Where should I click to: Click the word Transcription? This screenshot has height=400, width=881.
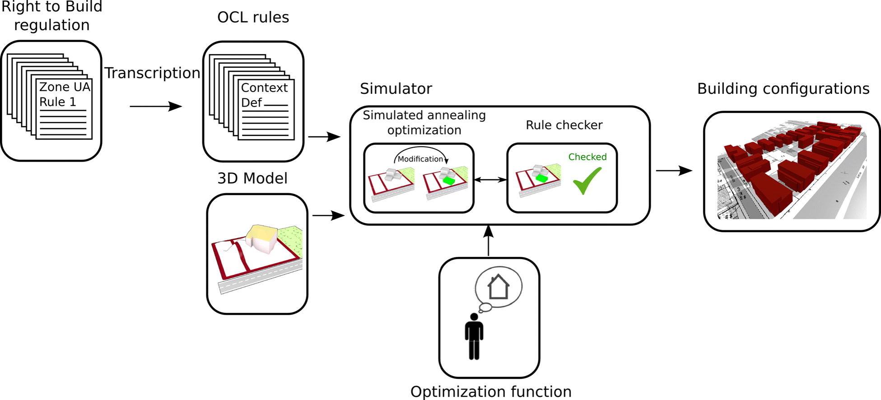(152, 73)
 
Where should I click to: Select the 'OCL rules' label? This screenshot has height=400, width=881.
(253, 17)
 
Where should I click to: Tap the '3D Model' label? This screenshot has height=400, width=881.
(252, 178)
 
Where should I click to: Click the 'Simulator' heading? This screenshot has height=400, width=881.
(396, 88)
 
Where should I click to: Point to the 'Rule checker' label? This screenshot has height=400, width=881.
(564, 125)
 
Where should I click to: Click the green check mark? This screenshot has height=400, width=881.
(587, 180)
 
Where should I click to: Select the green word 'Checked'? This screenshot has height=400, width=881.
(587, 157)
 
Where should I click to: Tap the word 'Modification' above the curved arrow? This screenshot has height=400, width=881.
(420, 159)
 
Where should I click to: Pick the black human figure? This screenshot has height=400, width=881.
(474, 336)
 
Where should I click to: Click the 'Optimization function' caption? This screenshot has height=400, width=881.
(491, 391)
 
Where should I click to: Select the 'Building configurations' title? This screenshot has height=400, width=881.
(783, 88)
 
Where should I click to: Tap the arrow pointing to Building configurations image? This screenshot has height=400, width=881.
(674, 171)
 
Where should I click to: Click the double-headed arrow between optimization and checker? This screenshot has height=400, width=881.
(490, 180)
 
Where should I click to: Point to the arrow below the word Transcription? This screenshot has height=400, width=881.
(156, 107)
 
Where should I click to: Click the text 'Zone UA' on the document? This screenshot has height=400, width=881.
(65, 87)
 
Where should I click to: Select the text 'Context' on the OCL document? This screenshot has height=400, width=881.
(264, 88)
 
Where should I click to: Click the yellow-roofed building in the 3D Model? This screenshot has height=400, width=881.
(261, 237)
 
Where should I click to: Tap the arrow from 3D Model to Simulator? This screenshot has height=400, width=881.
(328, 216)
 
